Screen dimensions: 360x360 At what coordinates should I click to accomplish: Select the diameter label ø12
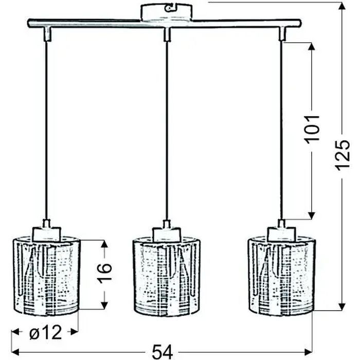[46, 333]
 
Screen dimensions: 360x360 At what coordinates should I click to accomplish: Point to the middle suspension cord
[166, 129]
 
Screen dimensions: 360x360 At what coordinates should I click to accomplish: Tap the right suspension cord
[282, 129]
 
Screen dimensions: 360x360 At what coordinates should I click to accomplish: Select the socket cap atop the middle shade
[165, 230]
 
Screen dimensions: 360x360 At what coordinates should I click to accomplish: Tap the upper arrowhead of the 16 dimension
[104, 244]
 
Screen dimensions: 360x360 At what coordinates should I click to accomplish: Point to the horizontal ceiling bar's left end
[28, 23]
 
